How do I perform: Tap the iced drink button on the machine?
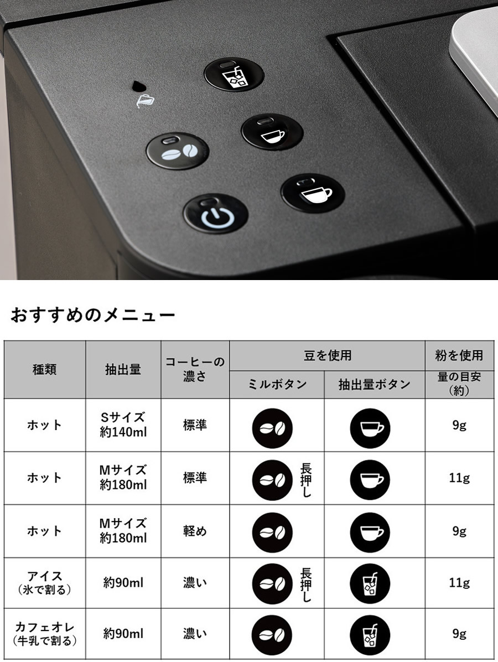(234, 75)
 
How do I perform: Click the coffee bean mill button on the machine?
(177, 152)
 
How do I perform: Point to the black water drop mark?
(138, 86)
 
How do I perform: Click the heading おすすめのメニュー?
(92, 315)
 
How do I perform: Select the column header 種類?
(45, 369)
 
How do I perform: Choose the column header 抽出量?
(123, 369)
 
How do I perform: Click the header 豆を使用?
(328, 355)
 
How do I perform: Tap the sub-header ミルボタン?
(277, 384)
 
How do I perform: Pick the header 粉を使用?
(459, 355)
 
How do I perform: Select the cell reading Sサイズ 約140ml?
(123, 425)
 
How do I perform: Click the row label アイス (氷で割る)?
(45, 583)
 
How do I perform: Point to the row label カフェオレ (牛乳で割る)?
(45, 634)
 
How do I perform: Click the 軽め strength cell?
(195, 531)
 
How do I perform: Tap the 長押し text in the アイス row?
(306, 585)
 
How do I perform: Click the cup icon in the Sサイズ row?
(370, 428)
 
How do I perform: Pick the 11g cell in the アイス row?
(459, 583)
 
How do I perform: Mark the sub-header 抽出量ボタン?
(375, 384)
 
